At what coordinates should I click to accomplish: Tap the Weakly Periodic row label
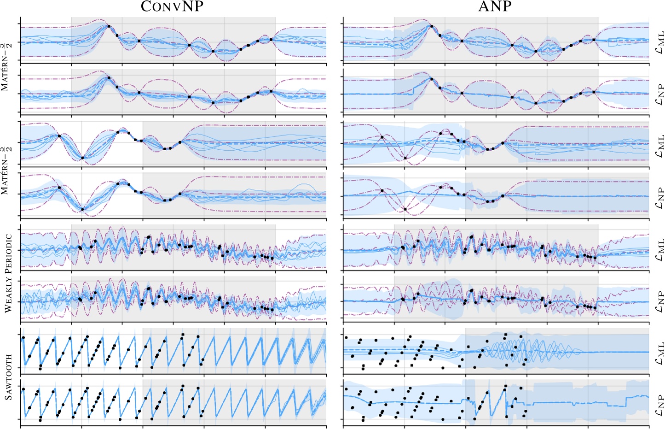tap(8, 273)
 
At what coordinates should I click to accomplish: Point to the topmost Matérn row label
tap(8, 67)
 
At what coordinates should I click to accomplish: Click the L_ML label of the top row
tap(659, 41)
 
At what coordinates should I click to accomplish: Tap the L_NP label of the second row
tap(659, 94)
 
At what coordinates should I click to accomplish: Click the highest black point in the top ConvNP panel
tap(109, 26)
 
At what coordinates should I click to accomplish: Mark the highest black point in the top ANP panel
tap(431, 26)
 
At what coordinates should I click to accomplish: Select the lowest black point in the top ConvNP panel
tap(213, 52)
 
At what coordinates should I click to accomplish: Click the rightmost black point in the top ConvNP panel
tap(271, 40)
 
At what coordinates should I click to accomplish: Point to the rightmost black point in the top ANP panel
tap(594, 40)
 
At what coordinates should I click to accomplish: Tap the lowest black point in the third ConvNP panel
tap(82, 158)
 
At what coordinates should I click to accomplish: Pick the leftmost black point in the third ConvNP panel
tap(59, 135)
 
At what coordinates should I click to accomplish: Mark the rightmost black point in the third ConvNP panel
tap(180, 142)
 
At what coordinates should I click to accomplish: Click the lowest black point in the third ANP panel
tap(405, 158)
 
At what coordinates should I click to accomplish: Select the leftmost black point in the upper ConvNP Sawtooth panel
tap(23, 338)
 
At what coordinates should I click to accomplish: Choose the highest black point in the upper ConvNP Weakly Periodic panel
tap(149, 237)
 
